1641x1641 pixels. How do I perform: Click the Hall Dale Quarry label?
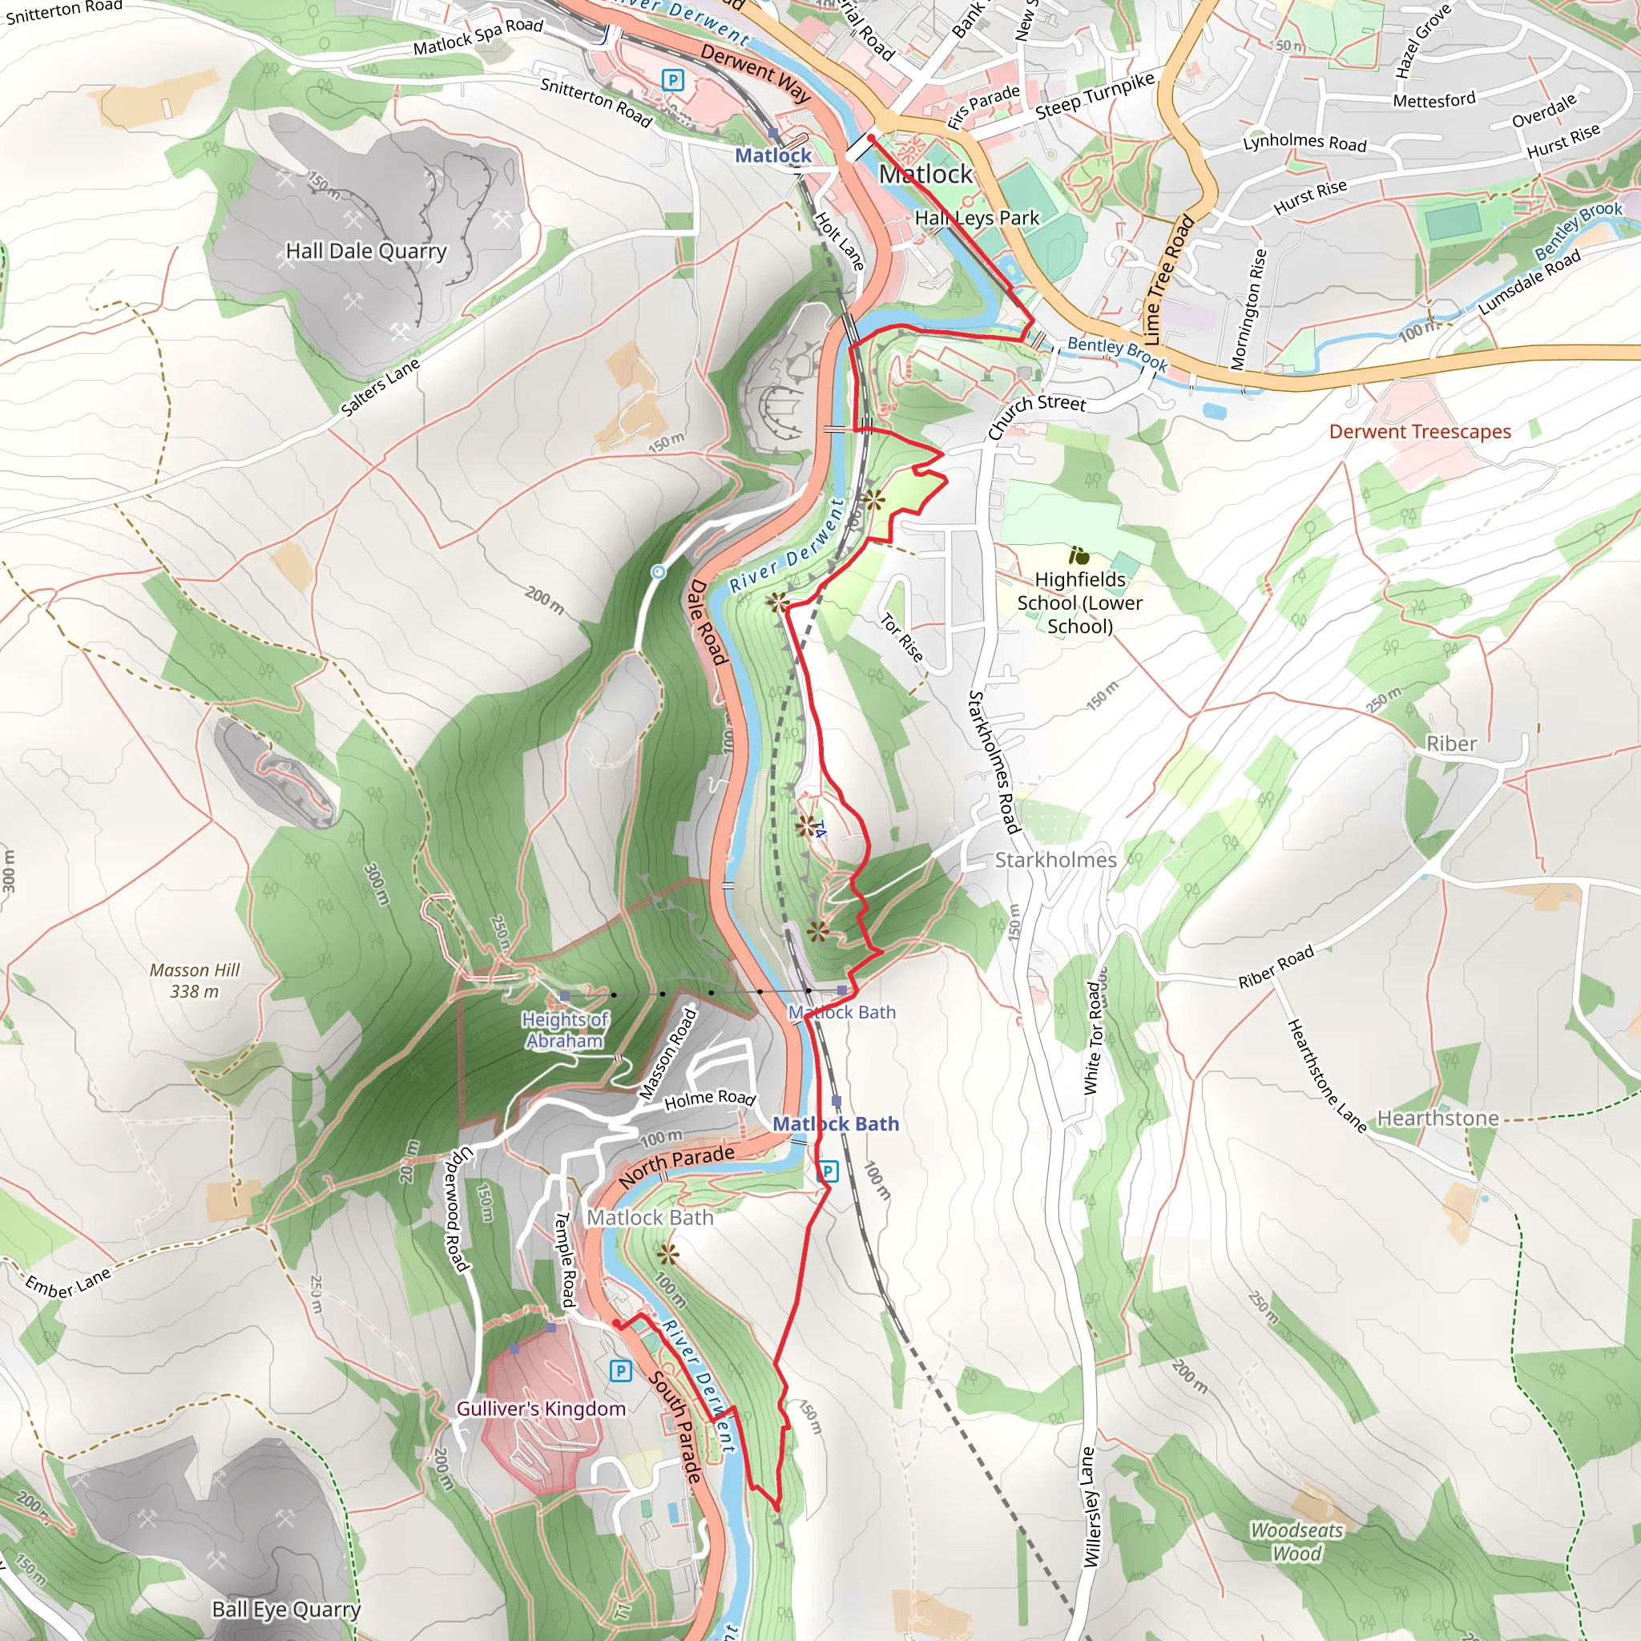pos(366,252)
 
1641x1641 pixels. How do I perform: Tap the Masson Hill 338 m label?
pos(195,980)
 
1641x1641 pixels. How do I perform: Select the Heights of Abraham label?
pos(565,1030)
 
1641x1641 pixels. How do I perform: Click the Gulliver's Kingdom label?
pos(541,1409)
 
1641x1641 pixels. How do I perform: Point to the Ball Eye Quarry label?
pos(286,1609)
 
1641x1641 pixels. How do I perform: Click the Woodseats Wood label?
pos(1297,1542)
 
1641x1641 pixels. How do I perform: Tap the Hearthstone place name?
pos(1437,1118)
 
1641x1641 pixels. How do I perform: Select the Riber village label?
pos(1452,744)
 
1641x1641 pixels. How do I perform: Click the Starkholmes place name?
pos(1055,860)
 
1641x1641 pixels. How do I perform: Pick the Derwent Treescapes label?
pos(1420,432)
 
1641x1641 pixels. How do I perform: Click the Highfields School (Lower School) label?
pos(1079,603)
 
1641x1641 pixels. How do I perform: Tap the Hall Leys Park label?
pos(977,217)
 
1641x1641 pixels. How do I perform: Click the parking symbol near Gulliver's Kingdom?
pos(621,1370)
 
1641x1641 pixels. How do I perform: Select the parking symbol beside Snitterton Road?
pos(673,81)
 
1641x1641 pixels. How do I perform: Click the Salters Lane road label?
pos(380,386)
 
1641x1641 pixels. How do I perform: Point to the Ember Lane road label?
pos(68,1282)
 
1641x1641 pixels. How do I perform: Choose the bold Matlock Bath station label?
pos(835,1123)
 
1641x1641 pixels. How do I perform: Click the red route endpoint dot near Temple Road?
pos(617,1324)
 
